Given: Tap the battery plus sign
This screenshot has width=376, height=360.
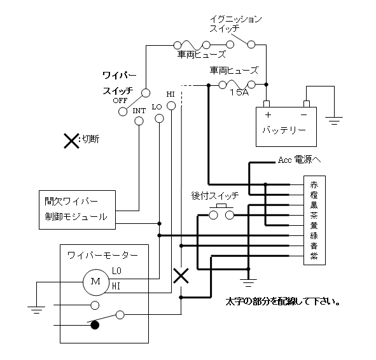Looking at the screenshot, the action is click(x=268, y=115).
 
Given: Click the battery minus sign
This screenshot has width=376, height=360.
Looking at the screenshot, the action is click(x=304, y=115).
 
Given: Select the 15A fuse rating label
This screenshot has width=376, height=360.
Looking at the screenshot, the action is click(x=239, y=92).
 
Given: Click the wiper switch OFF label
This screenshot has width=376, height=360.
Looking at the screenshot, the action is click(x=120, y=100).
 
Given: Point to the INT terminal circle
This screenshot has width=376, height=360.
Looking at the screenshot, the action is click(x=139, y=121).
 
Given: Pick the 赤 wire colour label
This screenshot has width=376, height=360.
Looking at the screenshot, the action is click(x=314, y=185).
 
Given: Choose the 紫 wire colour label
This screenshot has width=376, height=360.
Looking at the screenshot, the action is click(x=314, y=256).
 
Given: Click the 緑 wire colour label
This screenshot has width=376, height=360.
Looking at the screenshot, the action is click(x=314, y=235).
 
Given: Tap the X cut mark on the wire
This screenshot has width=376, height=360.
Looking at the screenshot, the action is click(x=181, y=275).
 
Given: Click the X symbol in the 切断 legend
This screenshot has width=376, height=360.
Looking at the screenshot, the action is click(x=71, y=141).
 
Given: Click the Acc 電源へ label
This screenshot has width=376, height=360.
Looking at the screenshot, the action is click(x=299, y=160).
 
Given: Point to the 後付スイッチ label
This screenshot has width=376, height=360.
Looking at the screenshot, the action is click(x=215, y=195).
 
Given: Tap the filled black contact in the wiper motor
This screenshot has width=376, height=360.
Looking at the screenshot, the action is click(x=95, y=325).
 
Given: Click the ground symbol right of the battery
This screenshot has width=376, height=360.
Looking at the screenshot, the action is click(x=334, y=121).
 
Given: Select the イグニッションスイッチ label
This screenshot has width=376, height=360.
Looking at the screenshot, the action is click(x=236, y=24).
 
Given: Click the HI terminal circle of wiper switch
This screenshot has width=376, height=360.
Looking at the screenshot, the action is click(x=171, y=106).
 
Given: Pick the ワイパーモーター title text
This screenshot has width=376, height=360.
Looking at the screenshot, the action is click(x=102, y=256).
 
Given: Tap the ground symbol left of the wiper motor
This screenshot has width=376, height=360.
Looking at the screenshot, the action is click(x=36, y=310).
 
